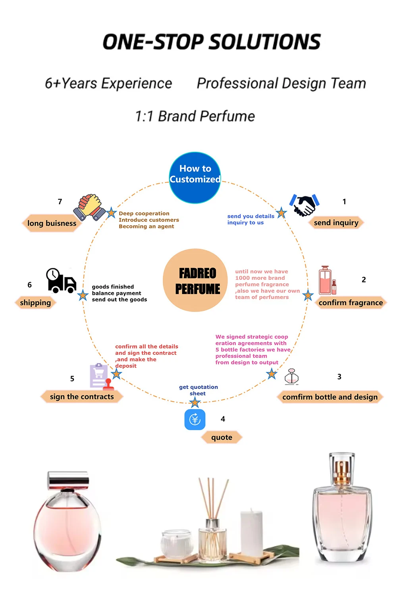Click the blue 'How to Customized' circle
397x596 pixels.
195,178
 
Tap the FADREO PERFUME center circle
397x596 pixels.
195,281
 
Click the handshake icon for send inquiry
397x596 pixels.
304,205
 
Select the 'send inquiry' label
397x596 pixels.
336,223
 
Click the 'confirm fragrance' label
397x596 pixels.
351,303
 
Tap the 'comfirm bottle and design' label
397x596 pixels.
330,397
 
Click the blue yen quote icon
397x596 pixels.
195,420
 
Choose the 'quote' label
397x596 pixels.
222,437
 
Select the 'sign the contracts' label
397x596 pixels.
82,397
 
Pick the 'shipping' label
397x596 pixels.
35,303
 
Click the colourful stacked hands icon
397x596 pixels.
89,207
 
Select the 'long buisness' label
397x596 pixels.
52,223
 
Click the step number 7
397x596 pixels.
60,202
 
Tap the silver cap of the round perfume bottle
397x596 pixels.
68,480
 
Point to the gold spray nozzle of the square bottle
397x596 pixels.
341,473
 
